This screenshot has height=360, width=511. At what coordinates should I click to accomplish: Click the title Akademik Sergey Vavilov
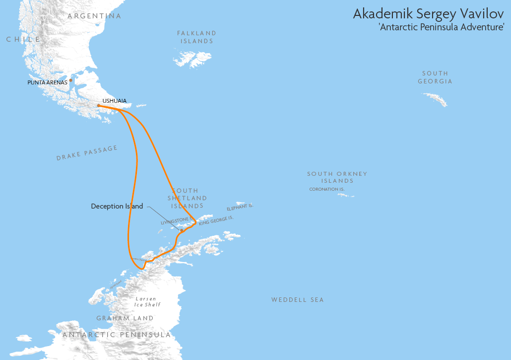428,14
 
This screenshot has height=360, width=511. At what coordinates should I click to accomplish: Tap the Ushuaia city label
114,101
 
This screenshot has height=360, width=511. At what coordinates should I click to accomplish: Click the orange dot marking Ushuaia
99,105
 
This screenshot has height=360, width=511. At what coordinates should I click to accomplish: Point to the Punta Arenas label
47,82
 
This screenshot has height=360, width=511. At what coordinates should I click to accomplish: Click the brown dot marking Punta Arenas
71,80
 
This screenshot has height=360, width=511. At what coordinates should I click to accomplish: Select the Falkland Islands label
196,37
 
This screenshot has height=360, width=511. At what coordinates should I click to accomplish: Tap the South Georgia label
435,77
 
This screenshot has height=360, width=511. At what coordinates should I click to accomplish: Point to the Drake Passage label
87,153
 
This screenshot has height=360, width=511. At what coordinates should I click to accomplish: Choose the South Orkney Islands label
337,177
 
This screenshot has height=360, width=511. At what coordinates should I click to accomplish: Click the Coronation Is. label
326,189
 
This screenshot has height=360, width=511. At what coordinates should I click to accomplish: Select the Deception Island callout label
117,206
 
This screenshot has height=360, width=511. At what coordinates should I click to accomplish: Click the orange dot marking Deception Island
182,230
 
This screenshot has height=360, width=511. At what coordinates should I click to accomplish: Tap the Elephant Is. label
240,207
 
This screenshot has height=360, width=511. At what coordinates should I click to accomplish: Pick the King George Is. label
216,220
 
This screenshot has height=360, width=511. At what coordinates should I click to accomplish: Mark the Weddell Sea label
297,300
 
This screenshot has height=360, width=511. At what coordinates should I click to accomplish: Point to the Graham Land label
125,318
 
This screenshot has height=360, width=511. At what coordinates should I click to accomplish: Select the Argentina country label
94,16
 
